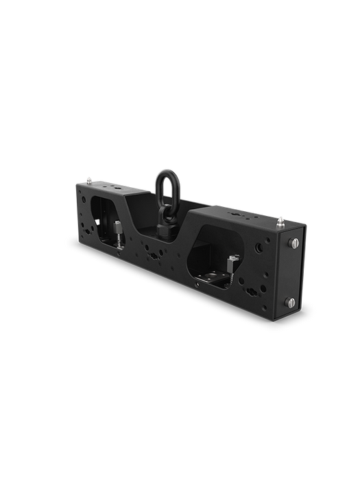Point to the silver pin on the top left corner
(91, 180)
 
